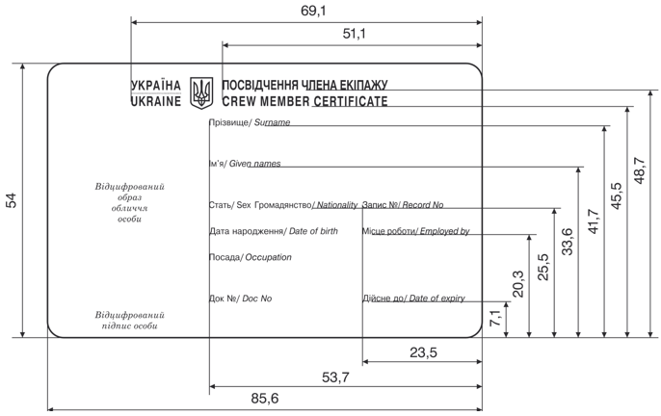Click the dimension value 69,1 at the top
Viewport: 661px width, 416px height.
coord(314,11)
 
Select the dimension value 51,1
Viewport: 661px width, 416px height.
coord(355,34)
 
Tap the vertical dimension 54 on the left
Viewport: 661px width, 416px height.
coord(12,200)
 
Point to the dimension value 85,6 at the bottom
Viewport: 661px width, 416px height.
coord(264,399)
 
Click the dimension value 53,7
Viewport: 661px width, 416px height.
coord(335,377)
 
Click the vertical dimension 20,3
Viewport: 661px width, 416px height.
coord(518,284)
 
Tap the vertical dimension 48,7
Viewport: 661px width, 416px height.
coord(640,173)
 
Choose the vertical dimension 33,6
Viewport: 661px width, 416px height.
coord(568,241)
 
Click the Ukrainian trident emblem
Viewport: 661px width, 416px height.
coord(200,92)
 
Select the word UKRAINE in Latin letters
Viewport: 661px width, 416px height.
coord(155,100)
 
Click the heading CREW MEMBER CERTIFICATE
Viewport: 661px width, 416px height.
coord(304,100)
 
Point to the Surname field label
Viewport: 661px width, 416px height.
coord(250,123)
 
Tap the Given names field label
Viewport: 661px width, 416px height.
coord(245,164)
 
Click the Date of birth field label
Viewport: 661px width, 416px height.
coord(274,231)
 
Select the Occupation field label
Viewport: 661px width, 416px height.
coord(250,258)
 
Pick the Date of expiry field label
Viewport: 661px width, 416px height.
coord(413,299)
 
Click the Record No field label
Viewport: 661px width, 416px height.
coord(403,205)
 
